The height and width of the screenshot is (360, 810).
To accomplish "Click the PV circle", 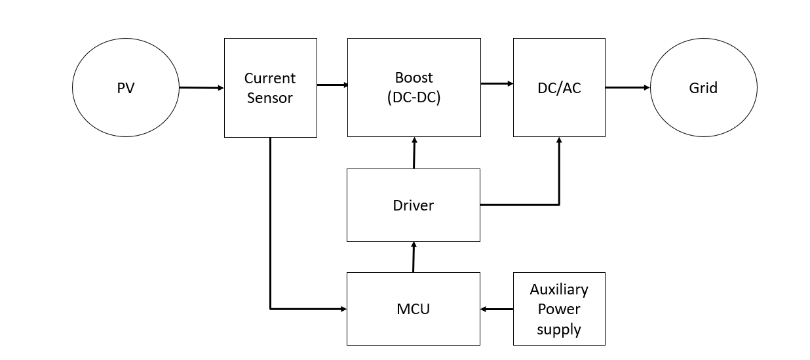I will pos(125,87).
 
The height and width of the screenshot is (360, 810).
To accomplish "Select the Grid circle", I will pos(703,87).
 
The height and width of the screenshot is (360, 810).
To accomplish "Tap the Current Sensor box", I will pos(270,87).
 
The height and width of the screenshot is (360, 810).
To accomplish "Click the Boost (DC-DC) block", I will pos(414,87).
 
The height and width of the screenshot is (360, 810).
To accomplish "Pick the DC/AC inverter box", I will pos(558,87).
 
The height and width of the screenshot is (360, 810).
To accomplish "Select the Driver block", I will pos(413,205).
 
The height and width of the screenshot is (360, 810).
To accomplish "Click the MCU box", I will pos(413,308).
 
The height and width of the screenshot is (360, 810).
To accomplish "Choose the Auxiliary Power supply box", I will pos(558,308).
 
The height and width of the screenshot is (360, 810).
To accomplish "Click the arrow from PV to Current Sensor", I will pos(201,87).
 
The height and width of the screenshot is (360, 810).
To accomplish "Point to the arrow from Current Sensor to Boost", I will pos(332,85).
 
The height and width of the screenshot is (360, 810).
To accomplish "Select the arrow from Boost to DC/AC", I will pos(497,83).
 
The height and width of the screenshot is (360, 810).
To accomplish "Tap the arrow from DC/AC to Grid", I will pos(627,87).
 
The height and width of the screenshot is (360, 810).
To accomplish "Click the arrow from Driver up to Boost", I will pos(414,153).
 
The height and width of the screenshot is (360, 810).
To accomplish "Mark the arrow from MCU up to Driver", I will pos(414,256).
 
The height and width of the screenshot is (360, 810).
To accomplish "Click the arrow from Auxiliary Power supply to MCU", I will pos(496,309).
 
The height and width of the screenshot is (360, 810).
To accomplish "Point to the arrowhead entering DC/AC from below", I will pos(559,141).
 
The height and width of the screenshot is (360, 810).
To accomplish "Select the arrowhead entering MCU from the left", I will pos(342,308).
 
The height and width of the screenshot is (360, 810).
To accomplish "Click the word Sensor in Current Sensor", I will pos(270,99).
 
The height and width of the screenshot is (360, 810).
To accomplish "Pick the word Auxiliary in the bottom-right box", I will pos(558,289).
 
